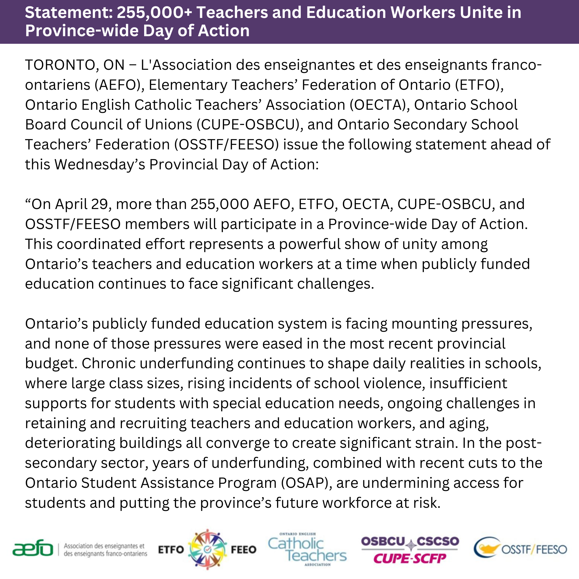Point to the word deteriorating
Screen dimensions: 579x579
point(70,443)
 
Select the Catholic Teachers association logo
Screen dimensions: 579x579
point(307,550)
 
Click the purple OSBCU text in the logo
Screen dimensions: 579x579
point(383,541)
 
